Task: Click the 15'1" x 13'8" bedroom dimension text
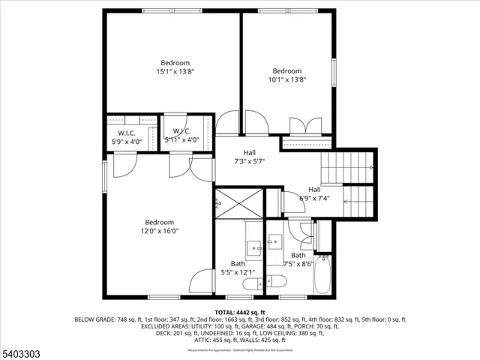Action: pos(173,72)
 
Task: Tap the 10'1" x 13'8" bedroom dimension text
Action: pos(287,79)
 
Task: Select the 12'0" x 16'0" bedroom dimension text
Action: pos(160,231)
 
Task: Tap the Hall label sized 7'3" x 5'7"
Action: pos(249,157)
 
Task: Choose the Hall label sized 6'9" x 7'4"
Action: pos(314,194)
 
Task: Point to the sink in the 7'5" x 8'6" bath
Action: pos(274,241)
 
